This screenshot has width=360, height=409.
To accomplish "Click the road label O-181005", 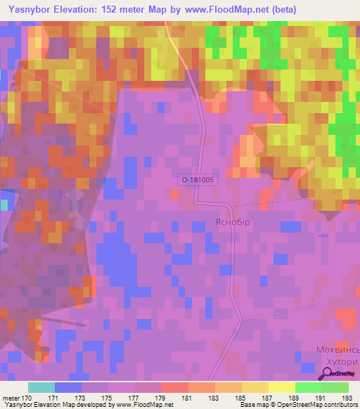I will click(198, 180).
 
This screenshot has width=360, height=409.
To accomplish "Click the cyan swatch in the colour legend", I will click(41, 387).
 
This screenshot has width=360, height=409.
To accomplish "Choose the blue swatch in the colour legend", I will click(68, 387).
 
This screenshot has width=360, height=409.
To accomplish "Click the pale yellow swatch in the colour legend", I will click(281, 387).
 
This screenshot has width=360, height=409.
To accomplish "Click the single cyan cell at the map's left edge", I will click(4, 204).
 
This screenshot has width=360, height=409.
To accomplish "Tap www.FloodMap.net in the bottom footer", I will click(145, 405).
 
